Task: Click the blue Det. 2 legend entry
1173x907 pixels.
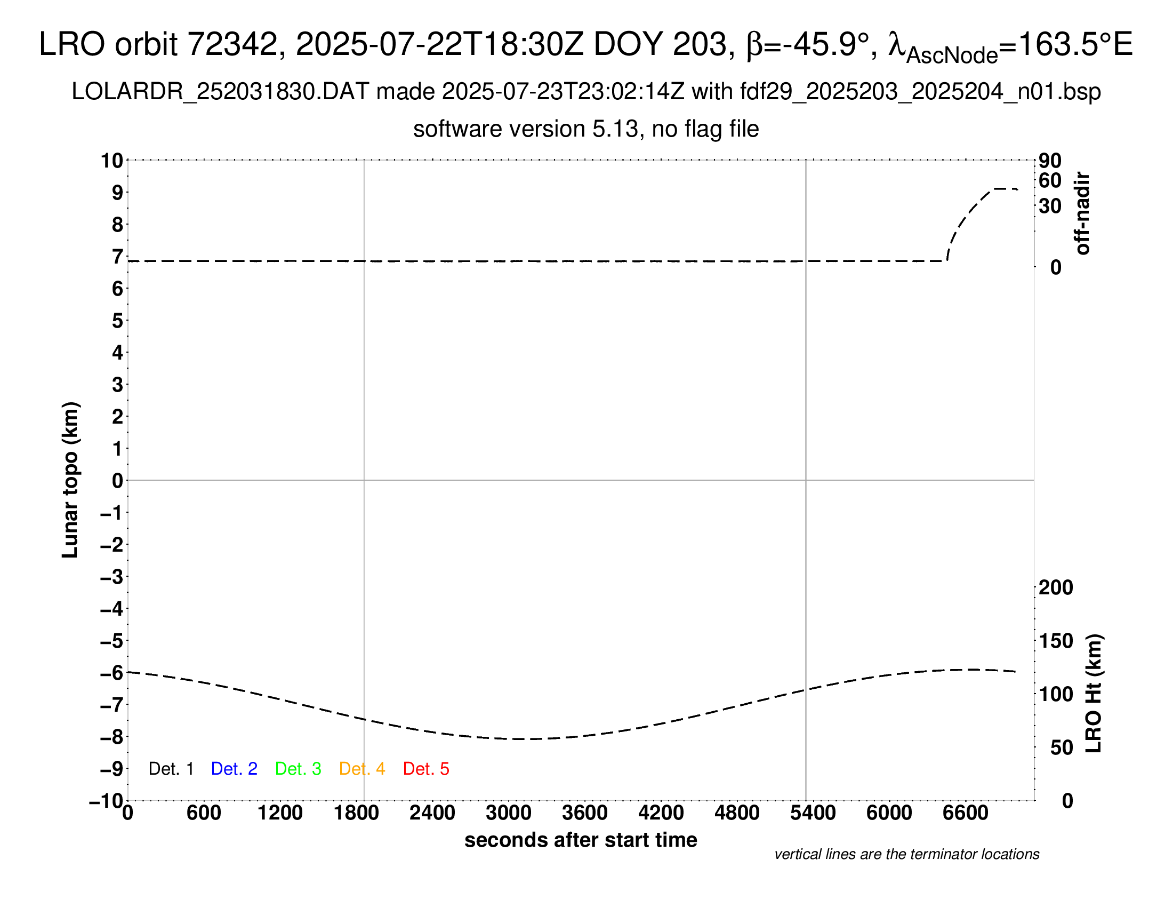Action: (234, 769)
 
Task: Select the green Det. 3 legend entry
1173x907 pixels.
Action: (298, 769)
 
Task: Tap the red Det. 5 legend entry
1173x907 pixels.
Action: (426, 769)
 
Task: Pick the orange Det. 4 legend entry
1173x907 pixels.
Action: (362, 769)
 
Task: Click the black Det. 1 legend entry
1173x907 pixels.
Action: (171, 769)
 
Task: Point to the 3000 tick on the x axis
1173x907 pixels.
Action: (509, 813)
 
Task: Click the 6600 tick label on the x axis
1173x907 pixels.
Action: (965, 813)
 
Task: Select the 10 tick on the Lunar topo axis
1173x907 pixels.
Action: (113, 160)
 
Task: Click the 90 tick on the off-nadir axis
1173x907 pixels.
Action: (1050, 160)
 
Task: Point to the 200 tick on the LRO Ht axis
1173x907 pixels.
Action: (1056, 587)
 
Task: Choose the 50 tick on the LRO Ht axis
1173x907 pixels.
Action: (1061, 747)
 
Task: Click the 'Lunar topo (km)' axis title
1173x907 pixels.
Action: (70, 480)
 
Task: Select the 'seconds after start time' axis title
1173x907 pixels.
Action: (581, 840)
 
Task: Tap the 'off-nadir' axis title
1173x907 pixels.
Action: (1082, 213)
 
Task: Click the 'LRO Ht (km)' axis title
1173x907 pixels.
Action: (1094, 694)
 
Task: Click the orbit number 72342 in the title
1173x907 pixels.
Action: (231, 44)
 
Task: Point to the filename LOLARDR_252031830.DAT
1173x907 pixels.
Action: (220, 92)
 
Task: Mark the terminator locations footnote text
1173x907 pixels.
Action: (906, 854)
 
